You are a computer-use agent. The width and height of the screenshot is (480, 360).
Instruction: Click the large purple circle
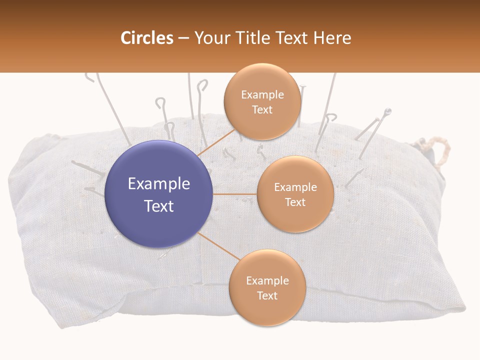(159, 194)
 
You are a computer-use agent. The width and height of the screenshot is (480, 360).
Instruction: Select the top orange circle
(262, 101)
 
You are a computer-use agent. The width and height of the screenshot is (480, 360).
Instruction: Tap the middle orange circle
(295, 194)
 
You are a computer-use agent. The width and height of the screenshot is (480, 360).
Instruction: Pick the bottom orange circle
(267, 287)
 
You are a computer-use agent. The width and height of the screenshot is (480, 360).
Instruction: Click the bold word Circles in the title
(146, 38)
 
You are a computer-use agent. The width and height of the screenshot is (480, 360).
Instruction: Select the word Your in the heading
(209, 38)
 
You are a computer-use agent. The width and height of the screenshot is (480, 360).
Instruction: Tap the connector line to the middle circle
(235, 194)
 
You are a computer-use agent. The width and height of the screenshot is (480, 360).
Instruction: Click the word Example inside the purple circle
(159, 184)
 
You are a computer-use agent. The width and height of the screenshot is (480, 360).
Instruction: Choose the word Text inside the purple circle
(159, 206)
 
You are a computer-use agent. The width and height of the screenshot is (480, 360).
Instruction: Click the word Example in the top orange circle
(262, 95)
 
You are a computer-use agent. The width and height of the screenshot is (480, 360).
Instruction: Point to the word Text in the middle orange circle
(295, 202)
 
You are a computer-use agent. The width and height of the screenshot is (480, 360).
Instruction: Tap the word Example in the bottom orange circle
(267, 281)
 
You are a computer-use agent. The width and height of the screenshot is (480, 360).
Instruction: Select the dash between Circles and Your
(183, 38)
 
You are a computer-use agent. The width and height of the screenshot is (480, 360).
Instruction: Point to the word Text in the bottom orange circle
(267, 295)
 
